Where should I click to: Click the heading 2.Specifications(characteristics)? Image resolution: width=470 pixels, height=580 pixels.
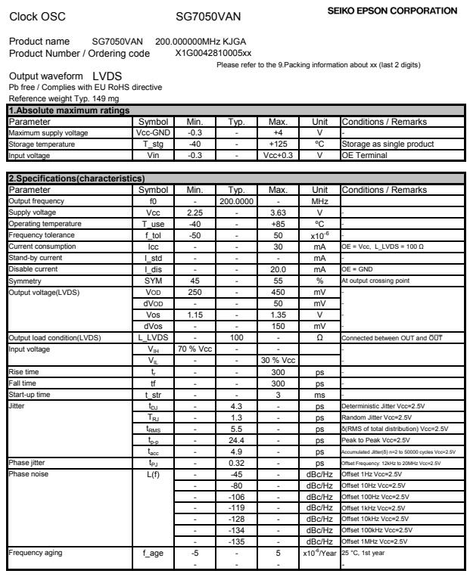(x=69, y=178)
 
